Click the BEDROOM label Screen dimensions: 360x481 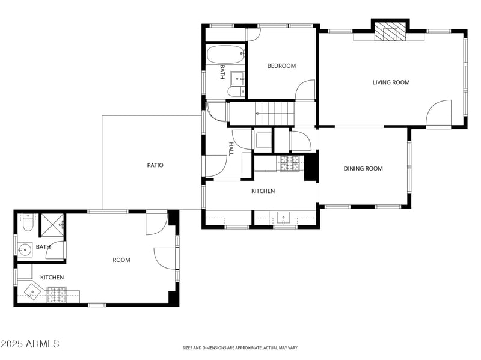[281, 66]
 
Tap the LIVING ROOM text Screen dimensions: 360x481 [391, 82]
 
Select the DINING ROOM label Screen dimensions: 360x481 [363, 169]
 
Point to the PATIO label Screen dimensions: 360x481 [155, 165]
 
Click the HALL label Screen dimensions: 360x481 [231, 148]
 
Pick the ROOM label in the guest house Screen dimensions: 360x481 [121, 260]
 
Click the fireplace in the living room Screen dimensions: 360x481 [390, 33]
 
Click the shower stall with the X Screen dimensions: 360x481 [52, 225]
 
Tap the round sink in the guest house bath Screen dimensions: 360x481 [23, 248]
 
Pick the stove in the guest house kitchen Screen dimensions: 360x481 [57, 293]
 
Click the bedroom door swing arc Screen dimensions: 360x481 [305, 90]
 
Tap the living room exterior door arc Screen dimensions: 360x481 [440, 113]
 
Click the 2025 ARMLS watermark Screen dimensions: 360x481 [29, 344]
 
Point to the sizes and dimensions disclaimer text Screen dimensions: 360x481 [240, 347]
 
